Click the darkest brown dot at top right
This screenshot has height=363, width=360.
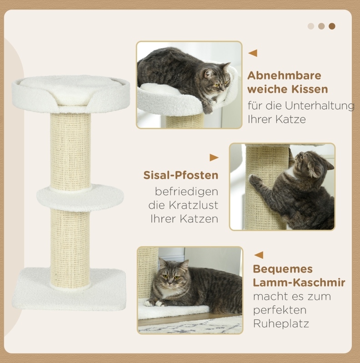coord(332,26)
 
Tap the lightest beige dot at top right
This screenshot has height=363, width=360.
coord(311,26)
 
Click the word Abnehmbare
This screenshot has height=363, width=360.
coord(285,76)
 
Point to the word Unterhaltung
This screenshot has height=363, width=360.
coord(320,106)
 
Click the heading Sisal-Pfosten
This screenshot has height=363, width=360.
coord(181,175)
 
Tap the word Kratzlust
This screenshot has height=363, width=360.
coord(194,205)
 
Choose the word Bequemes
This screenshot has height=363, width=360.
coord(283,269)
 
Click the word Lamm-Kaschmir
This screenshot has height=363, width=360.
coord(299,282)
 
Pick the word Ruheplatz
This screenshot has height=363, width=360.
coord(281,323)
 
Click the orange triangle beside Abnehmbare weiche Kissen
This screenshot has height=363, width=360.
coord(253,53)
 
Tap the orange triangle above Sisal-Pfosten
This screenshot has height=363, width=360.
coord(214,157)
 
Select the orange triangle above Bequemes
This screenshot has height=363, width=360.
coord(259,255)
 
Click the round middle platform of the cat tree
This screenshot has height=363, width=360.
coord(80,197)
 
